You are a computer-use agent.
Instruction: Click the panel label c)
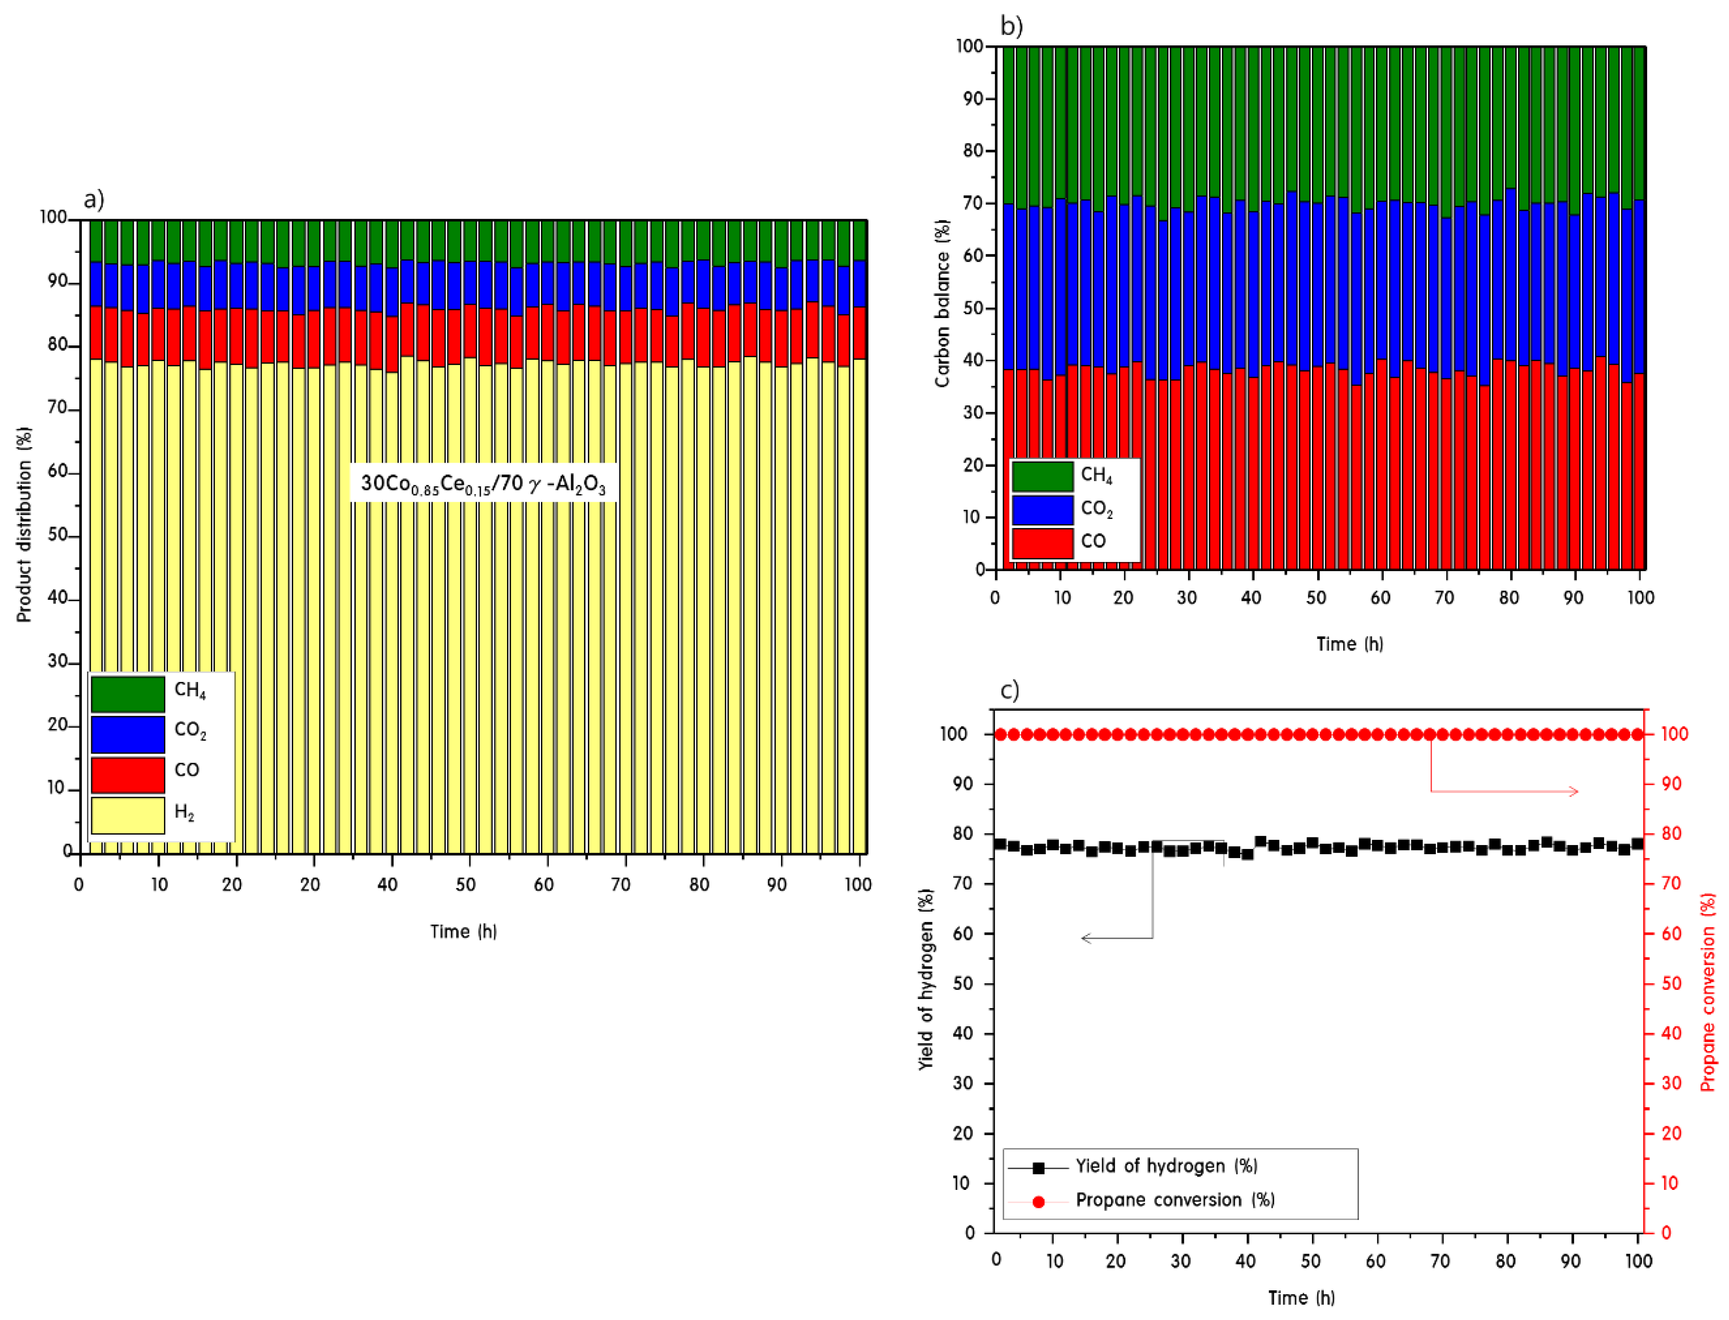click(x=1010, y=690)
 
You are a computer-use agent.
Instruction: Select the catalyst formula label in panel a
click(x=483, y=483)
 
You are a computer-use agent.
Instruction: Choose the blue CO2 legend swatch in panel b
click(x=1043, y=509)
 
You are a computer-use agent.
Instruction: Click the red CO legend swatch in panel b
click(x=1043, y=543)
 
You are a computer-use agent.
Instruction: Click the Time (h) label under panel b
click(x=1350, y=644)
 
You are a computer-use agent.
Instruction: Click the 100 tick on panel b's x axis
click(x=1640, y=597)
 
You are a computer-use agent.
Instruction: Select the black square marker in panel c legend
click(x=1038, y=1167)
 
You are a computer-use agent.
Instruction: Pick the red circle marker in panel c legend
click(x=1038, y=1201)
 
